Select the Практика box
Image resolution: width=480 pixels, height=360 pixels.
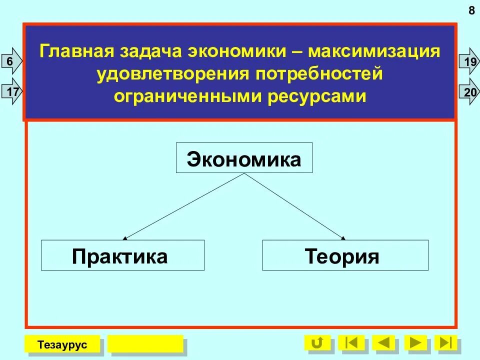pos(122,255)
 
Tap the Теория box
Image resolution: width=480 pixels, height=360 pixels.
pos(345,255)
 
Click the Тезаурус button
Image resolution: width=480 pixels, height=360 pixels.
pos(62,344)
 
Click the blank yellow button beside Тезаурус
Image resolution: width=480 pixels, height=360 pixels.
pos(145,344)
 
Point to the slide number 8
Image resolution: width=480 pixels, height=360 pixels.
pos(471,10)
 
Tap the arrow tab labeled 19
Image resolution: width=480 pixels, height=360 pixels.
pos(468,61)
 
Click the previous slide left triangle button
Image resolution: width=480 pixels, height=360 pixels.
pos(383,343)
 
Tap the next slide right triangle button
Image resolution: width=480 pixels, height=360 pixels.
pos(415,343)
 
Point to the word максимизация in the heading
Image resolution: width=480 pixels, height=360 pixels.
pos(374,52)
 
